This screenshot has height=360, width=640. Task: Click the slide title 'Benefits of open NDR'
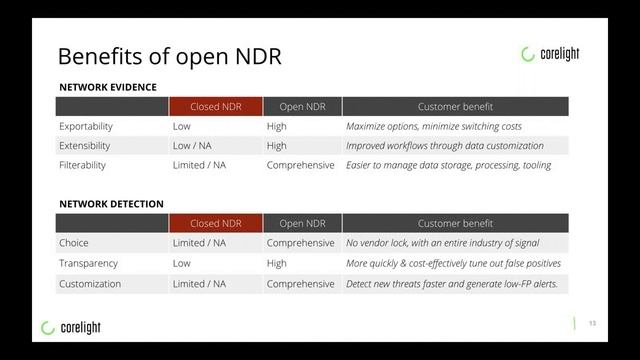tap(169, 56)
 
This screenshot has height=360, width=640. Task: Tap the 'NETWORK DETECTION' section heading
tap(112, 204)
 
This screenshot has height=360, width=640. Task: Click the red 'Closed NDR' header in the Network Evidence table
tap(215, 107)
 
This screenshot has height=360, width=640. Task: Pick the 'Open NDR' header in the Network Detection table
tap(301, 223)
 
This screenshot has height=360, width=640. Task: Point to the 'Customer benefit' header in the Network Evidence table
tap(454, 107)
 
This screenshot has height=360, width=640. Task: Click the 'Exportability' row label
tap(86, 127)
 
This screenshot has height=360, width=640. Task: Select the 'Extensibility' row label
tap(85, 146)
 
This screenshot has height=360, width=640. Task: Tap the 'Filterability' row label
tap(82, 165)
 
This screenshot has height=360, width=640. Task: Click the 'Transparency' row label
tap(89, 263)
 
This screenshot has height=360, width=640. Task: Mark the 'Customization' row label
tap(90, 284)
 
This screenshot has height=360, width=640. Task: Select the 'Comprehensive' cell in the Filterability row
tap(300, 165)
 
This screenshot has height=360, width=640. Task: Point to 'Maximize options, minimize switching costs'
tap(433, 127)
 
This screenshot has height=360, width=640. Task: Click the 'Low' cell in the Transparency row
tap(182, 263)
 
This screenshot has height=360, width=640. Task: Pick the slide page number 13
tap(592, 322)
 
